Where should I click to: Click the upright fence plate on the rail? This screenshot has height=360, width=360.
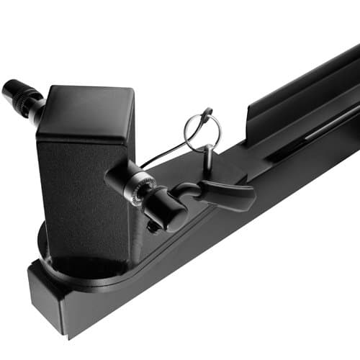click(x=302, y=94)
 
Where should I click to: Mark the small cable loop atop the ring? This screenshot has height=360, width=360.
click(x=207, y=114)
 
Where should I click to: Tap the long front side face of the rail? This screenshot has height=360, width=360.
click(x=216, y=252)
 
